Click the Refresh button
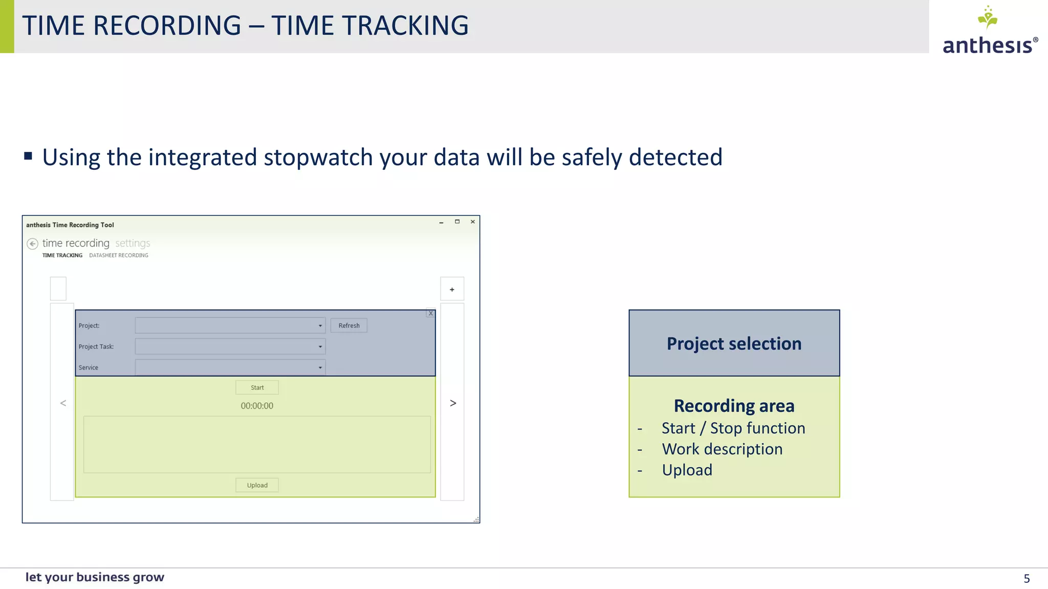pyautogui.click(x=348, y=326)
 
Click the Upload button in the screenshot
pyautogui.click(x=257, y=485)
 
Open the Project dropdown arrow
pyautogui.click(x=320, y=326)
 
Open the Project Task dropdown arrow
pyautogui.click(x=320, y=347)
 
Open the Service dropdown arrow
pyautogui.click(x=320, y=368)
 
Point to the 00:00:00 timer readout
pyautogui.click(x=257, y=406)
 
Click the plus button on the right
pyautogui.click(x=452, y=289)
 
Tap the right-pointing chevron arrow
pyautogui.click(x=453, y=403)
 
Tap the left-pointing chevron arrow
pyautogui.click(x=63, y=403)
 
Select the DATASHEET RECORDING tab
pyautogui.click(x=119, y=255)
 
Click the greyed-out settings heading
pyautogui.click(x=133, y=243)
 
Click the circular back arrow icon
pyautogui.click(x=33, y=244)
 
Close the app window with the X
pyautogui.click(x=473, y=222)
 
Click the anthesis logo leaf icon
pyautogui.click(x=988, y=18)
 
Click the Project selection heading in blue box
pyautogui.click(x=734, y=344)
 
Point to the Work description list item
pyautogui.click(x=722, y=449)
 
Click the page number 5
pyautogui.click(x=1027, y=578)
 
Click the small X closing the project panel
pyautogui.click(x=430, y=313)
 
